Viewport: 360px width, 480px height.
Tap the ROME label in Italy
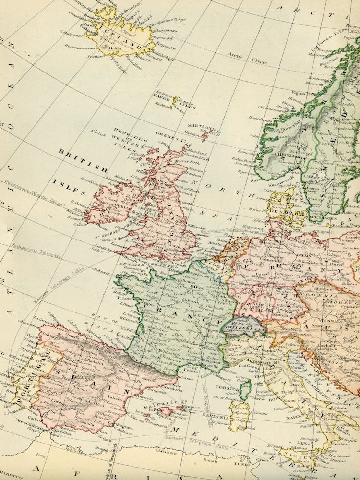pos(276,398)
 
